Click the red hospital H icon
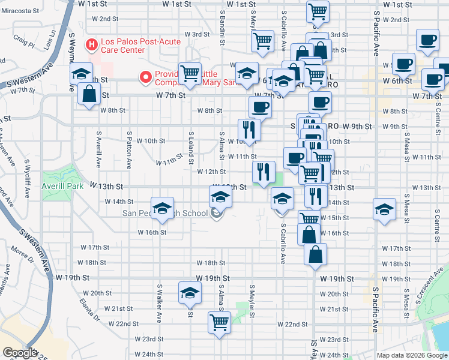click(x=91, y=44)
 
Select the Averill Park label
click(x=62, y=187)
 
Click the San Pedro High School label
click(x=164, y=213)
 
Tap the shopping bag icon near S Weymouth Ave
click(x=89, y=95)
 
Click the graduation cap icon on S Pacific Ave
click(x=384, y=209)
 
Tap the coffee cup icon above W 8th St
click(x=260, y=107)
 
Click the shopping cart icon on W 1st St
click(x=317, y=10)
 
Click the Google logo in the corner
click(x=20, y=353)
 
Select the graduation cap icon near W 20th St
click(x=189, y=293)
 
